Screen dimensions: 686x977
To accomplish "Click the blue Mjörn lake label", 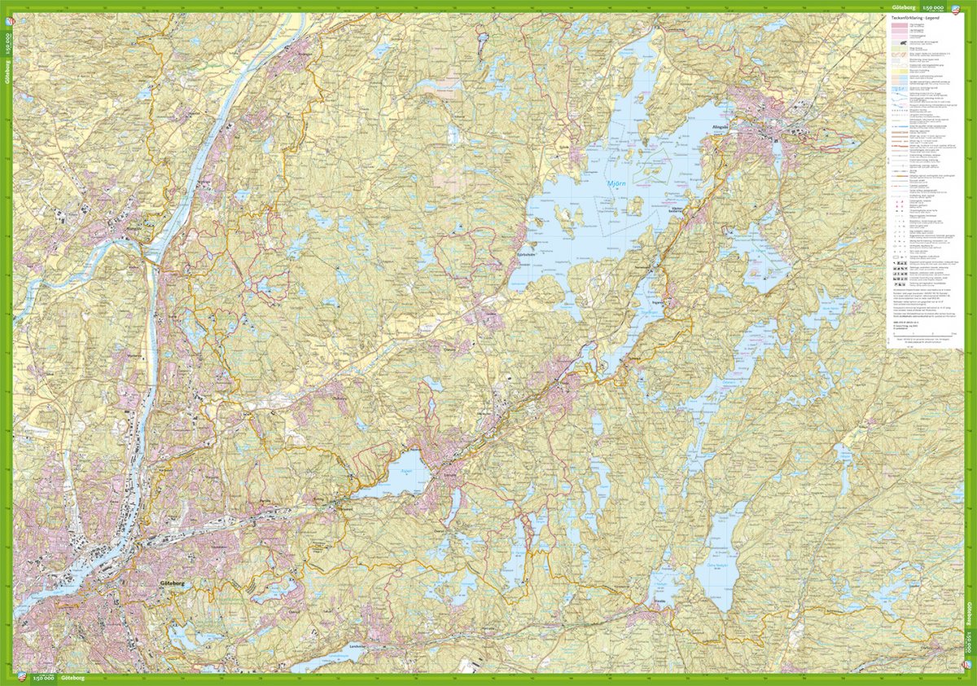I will pyautogui.click(x=619, y=183).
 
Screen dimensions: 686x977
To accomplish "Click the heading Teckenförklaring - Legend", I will pyautogui.click(x=915, y=17).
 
